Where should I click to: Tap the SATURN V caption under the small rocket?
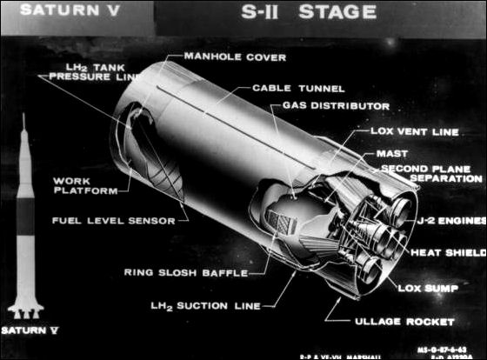pos(32,331)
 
